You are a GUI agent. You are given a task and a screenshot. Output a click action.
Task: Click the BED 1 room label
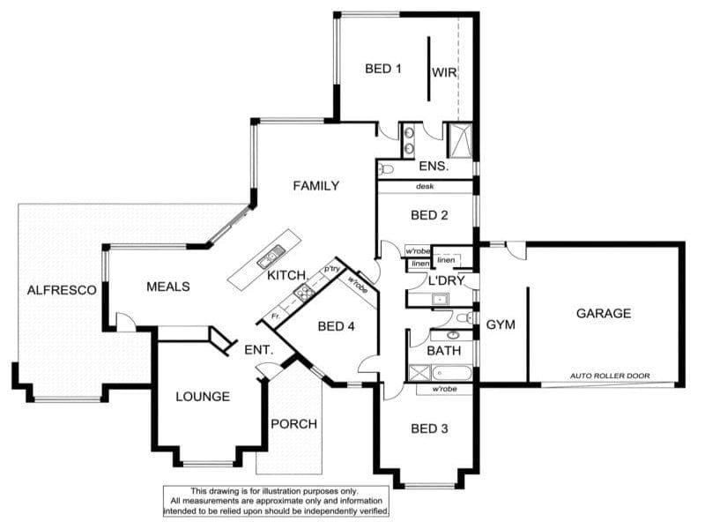383,69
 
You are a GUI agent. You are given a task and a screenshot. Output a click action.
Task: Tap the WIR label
444,72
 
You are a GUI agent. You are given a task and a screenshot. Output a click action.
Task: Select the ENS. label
434,167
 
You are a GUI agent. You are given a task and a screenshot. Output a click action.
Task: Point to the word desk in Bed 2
425,186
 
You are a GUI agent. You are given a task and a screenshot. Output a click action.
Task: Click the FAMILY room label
316,186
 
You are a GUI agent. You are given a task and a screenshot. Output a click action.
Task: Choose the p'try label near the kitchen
332,269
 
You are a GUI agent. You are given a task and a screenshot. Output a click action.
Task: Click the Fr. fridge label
276,317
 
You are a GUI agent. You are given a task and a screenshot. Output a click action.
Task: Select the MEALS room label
168,287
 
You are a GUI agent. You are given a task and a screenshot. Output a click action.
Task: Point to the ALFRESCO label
62,290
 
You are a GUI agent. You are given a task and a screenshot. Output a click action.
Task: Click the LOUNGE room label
203,396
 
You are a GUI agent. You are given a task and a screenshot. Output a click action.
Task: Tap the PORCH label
294,424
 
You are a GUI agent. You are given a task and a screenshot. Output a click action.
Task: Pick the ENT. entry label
258,350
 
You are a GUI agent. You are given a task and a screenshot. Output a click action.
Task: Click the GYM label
501,324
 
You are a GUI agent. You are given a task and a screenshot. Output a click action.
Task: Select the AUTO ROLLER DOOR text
610,376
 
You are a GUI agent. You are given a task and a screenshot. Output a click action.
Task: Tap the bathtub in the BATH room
451,373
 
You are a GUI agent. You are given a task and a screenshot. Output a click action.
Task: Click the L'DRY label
446,280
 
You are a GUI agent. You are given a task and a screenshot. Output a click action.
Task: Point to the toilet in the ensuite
386,169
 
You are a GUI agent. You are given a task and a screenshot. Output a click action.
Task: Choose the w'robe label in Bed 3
445,389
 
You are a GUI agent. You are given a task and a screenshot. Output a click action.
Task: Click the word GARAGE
604,313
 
